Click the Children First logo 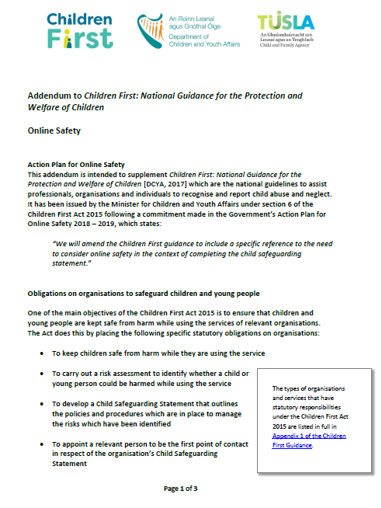(77, 30)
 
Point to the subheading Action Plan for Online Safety (76, 164)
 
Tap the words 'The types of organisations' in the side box (303, 388)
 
